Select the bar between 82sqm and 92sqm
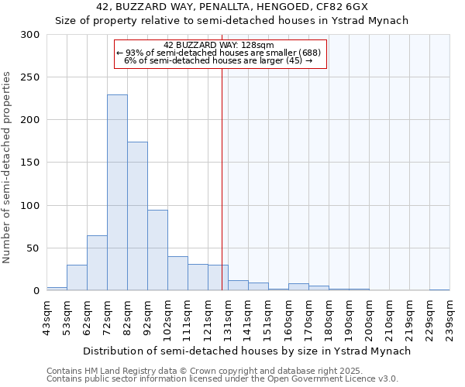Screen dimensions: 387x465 pyautogui.click(x=137, y=216)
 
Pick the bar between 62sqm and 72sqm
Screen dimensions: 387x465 pyautogui.click(x=97, y=263)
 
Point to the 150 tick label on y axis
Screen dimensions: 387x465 pyautogui.click(x=30, y=163)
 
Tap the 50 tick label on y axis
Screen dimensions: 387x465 pyautogui.click(x=33, y=248)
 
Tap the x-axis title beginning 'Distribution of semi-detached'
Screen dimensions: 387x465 pyautogui.click(x=246, y=351)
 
